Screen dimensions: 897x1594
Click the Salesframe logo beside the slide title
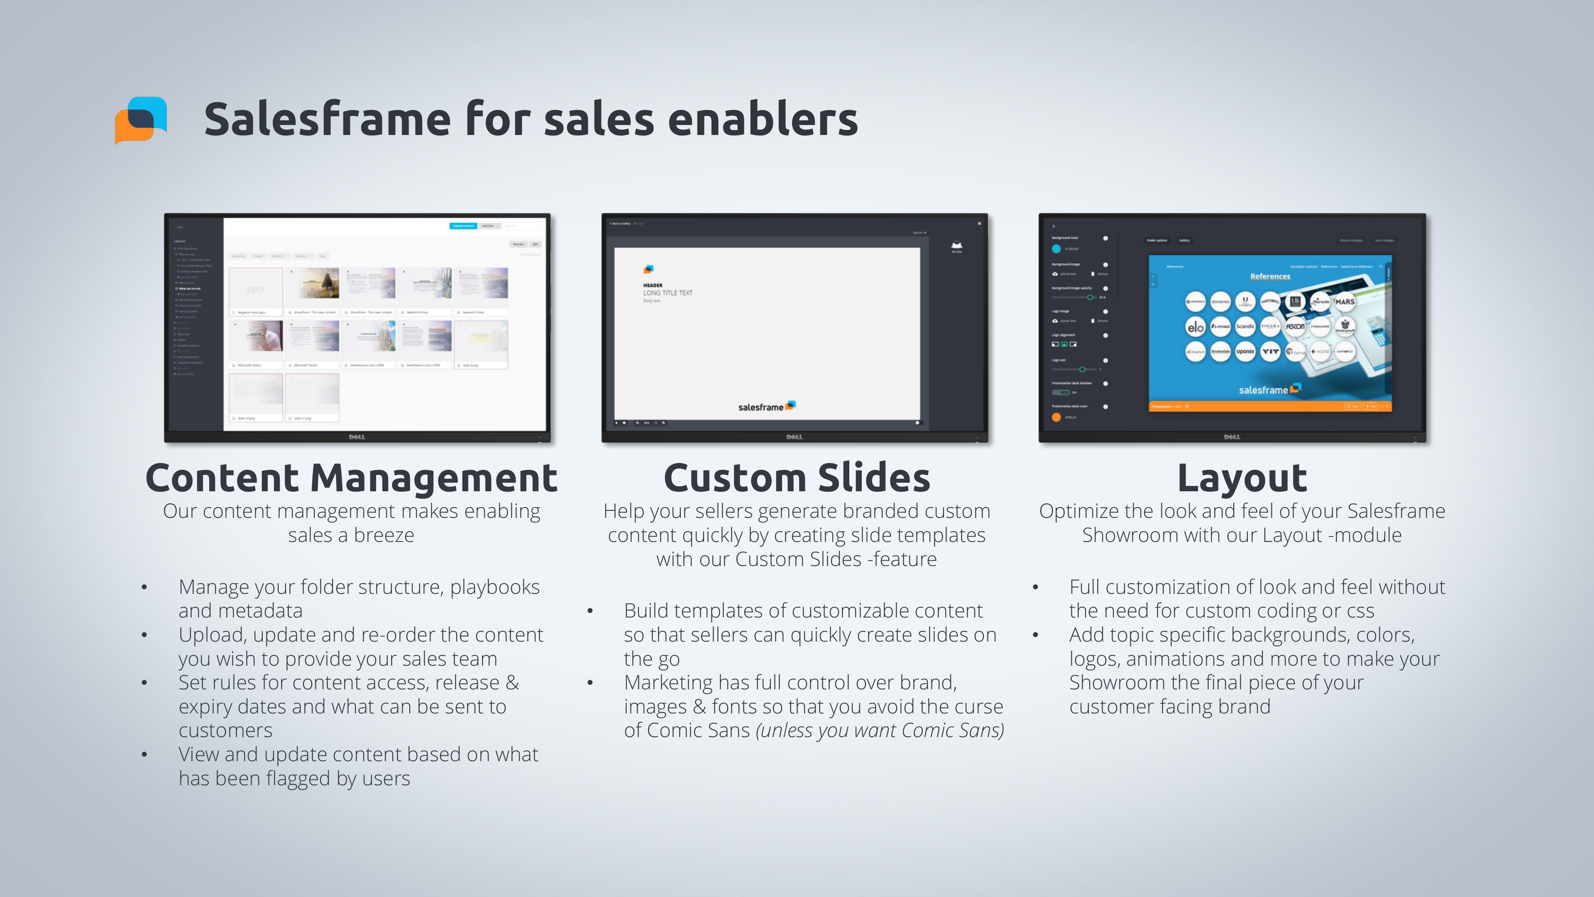[141, 120]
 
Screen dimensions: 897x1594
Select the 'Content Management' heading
[351, 478]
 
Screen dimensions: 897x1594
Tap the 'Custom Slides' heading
[797, 478]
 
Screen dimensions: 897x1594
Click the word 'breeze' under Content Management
[384, 535]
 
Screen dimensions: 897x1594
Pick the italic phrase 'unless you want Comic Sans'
[879, 730]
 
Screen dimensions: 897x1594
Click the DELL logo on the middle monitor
[795, 437]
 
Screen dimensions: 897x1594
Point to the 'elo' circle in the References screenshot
[1195, 326]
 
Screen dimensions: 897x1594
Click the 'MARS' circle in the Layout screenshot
[1344, 301]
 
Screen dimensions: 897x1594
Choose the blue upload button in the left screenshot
[463, 226]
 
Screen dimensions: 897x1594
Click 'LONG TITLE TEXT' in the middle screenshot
[667, 293]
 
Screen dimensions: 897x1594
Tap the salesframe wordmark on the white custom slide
[760, 407]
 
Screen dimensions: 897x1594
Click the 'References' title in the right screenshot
[1270, 277]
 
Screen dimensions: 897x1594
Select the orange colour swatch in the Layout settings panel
[1056, 417]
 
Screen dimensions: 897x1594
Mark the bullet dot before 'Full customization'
[1035, 587]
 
